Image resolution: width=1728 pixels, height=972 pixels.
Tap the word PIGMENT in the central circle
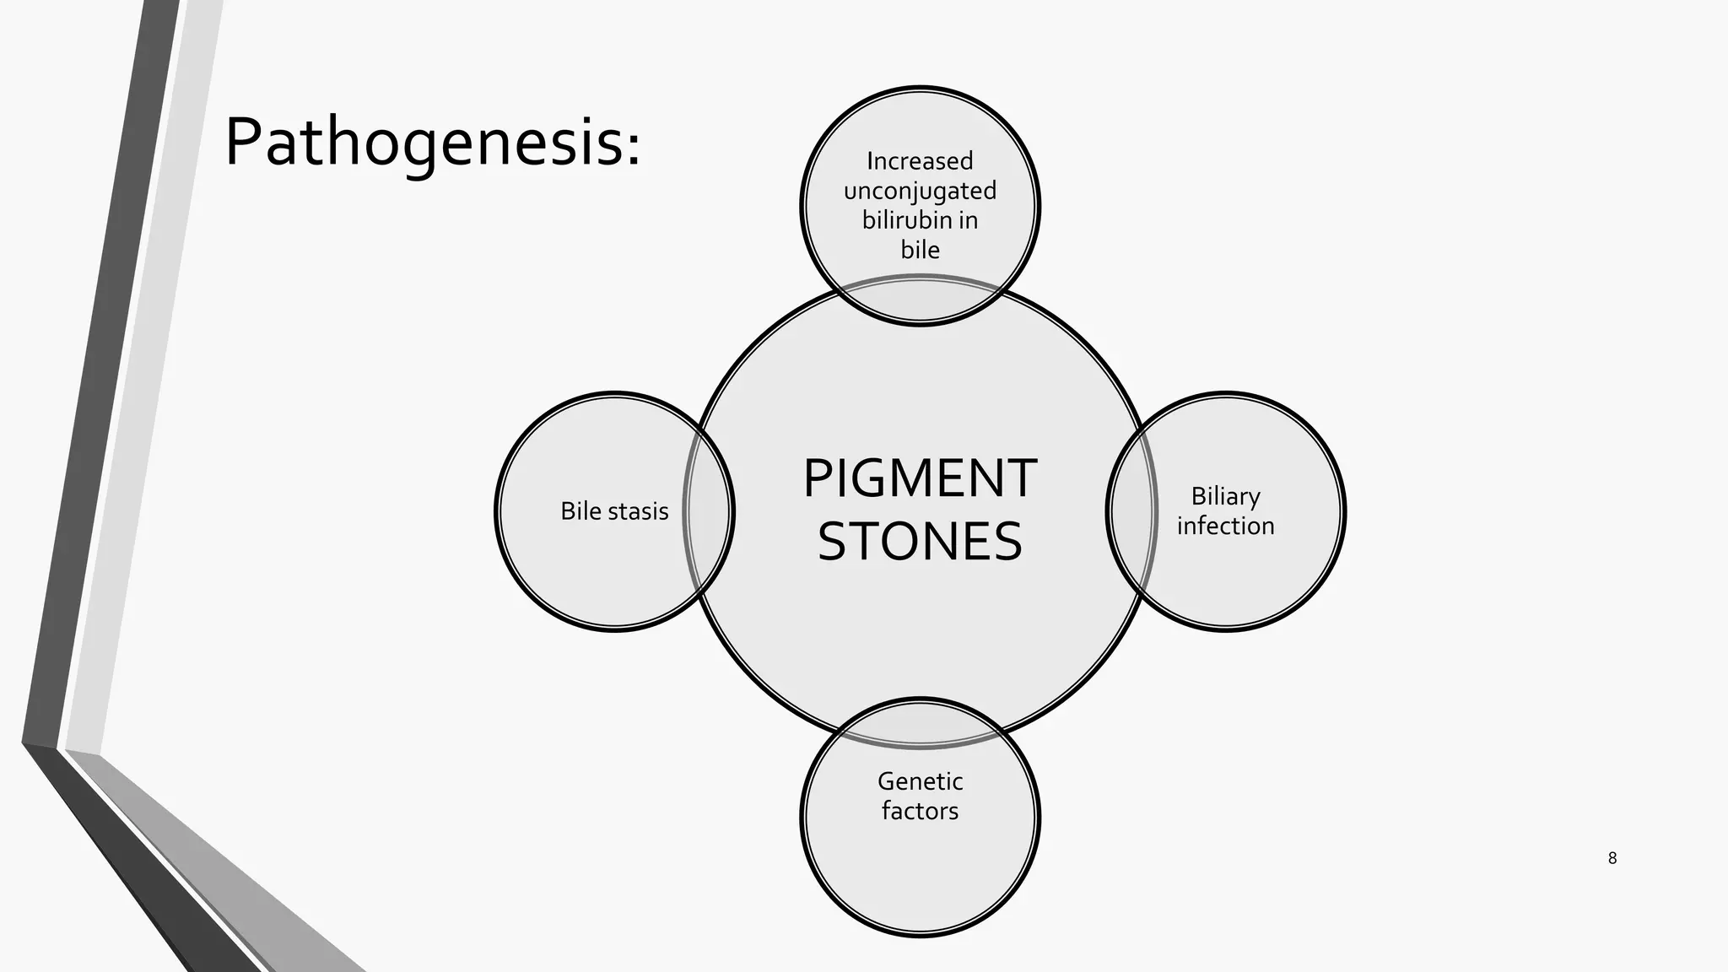coord(920,479)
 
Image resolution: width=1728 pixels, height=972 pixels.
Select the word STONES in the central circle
coord(920,542)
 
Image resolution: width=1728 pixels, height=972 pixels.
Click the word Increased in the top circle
coord(920,160)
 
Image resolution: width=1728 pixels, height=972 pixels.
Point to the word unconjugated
coord(920,192)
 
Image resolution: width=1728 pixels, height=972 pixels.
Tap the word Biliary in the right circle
coord(1225,496)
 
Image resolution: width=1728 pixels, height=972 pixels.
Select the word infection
coord(1225,526)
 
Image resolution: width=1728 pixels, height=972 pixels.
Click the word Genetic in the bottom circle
coord(920,781)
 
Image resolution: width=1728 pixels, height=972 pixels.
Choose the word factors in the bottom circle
coord(920,811)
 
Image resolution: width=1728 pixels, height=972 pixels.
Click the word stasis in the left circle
coord(638,511)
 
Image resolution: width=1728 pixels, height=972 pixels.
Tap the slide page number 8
coord(1612,859)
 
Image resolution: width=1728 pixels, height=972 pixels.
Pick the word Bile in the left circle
coord(580,511)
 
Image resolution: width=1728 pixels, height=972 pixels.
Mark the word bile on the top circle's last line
coord(920,250)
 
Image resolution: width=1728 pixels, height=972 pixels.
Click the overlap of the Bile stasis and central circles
coord(708,511)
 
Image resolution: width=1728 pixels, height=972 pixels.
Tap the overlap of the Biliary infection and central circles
coord(1131,511)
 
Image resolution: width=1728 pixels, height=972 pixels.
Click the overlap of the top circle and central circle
coord(920,300)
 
